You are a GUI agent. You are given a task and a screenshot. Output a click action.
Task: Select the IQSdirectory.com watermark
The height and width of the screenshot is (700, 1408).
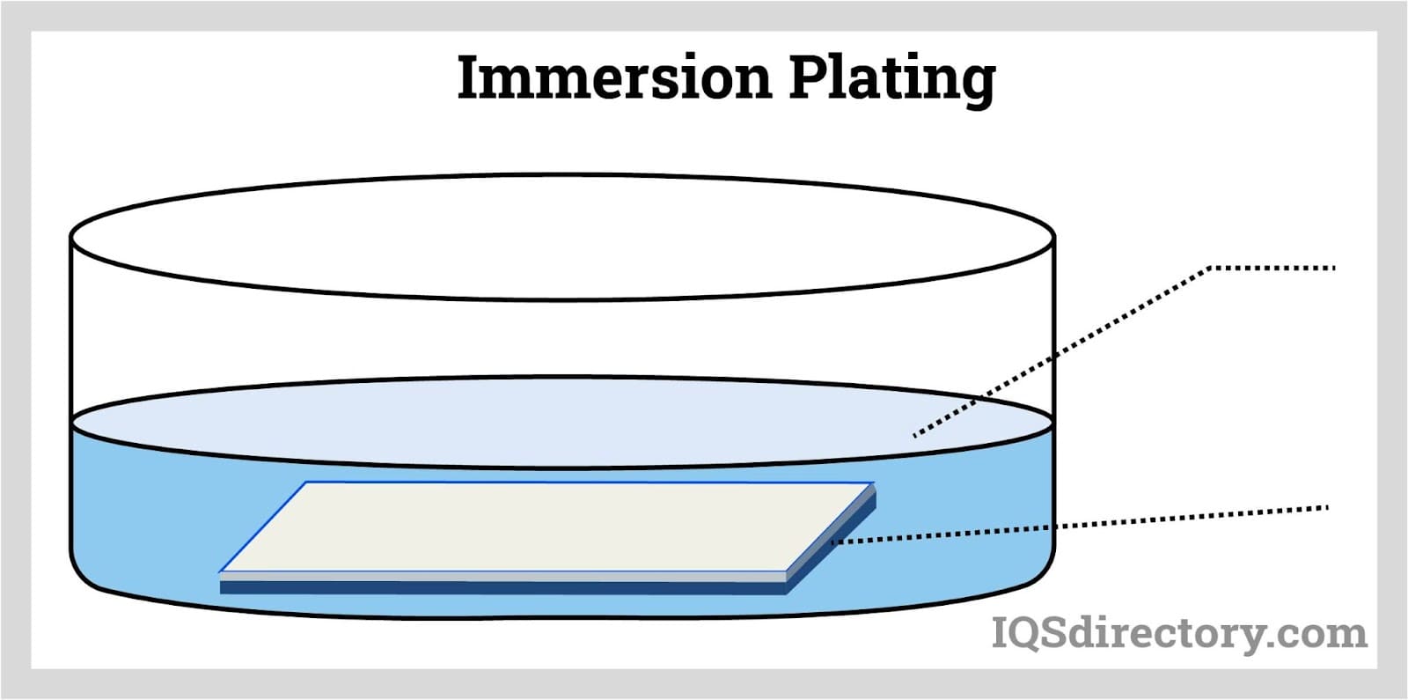click(x=1179, y=633)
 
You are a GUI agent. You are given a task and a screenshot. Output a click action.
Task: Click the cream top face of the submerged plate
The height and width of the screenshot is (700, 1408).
click(x=546, y=526)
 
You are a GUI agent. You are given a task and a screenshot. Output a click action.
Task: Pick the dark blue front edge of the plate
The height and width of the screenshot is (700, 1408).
click(x=502, y=587)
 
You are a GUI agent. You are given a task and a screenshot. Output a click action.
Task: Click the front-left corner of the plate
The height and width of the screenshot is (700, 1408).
click(x=221, y=573)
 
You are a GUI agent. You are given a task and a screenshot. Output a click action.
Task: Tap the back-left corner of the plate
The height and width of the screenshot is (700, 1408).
click(x=306, y=483)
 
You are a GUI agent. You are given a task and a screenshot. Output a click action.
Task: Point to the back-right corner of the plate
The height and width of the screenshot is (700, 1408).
click(x=873, y=483)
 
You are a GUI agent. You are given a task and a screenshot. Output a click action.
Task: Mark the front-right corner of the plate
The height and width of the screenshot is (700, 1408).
click(x=786, y=574)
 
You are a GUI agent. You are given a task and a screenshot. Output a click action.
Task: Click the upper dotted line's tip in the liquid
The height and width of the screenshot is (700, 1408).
click(x=915, y=435)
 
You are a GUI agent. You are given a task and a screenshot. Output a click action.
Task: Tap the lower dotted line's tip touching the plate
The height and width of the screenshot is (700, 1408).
click(x=832, y=542)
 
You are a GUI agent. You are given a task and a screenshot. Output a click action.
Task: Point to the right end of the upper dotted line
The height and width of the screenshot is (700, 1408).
click(x=1334, y=268)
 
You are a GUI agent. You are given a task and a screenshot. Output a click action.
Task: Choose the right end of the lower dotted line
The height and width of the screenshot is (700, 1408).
click(x=1325, y=507)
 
